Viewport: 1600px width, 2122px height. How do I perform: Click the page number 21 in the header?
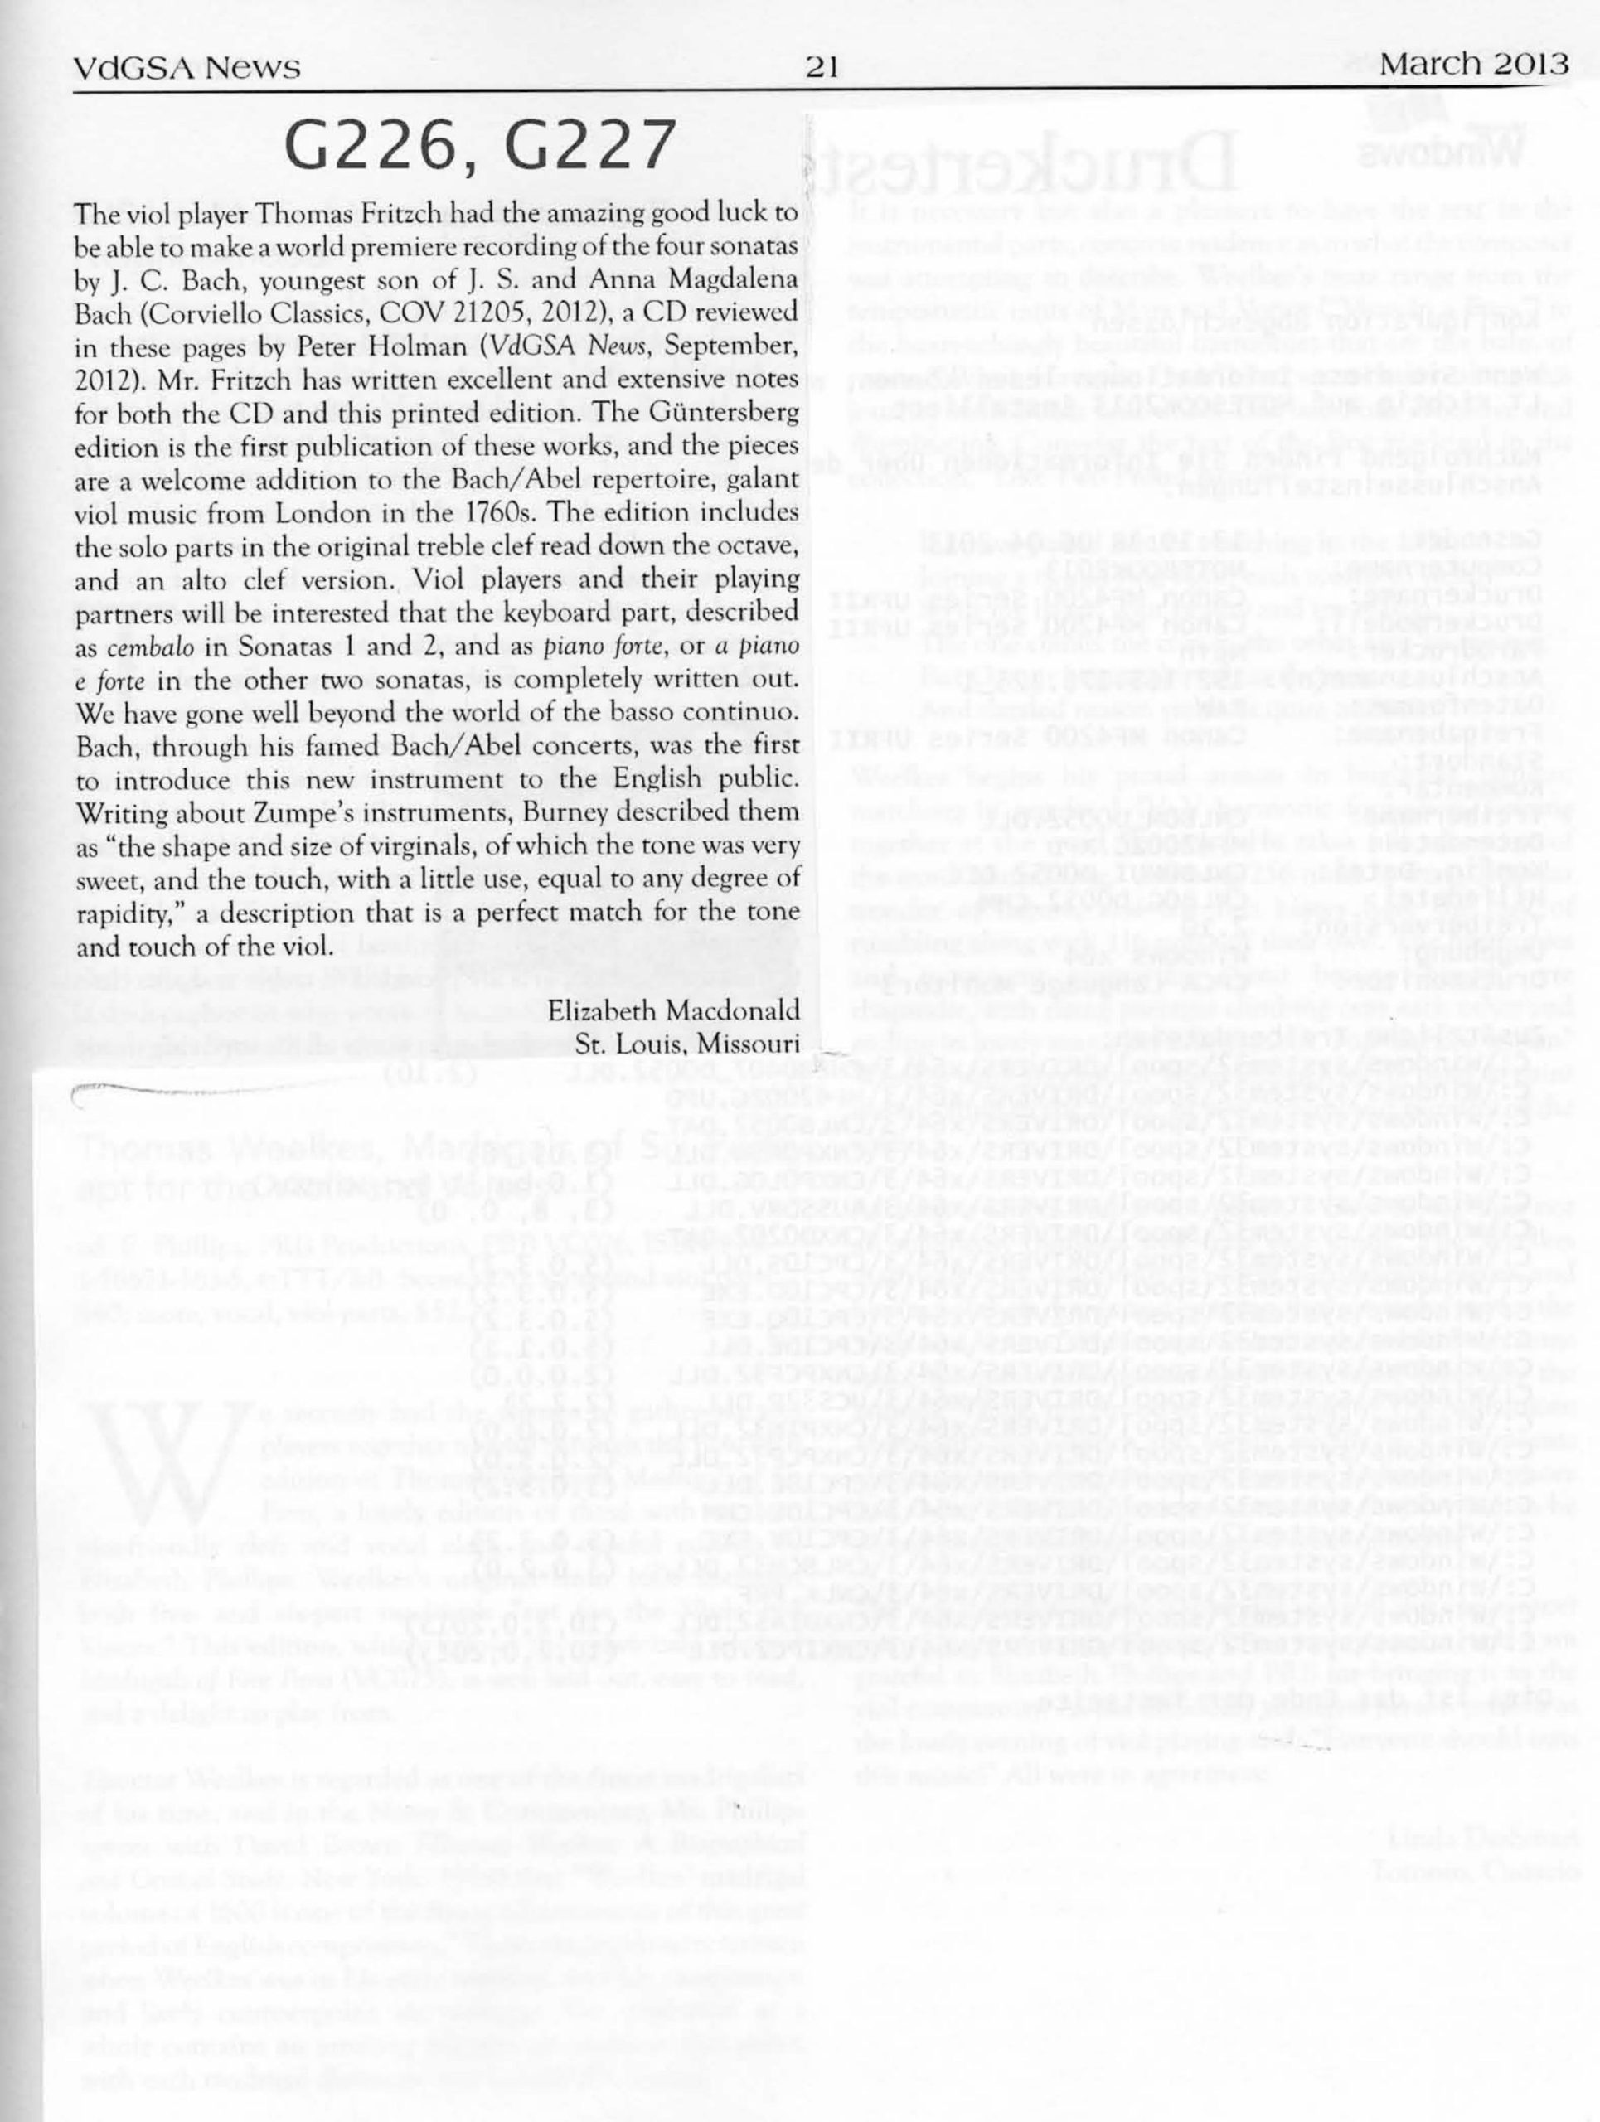823,67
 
